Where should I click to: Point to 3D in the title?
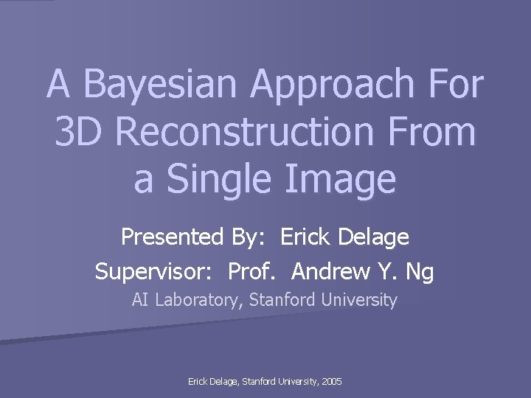(80, 131)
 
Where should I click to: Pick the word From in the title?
(433, 131)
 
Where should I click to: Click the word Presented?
(172, 237)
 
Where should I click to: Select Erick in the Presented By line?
(307, 237)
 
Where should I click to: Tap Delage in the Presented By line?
(375, 237)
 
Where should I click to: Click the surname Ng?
(420, 272)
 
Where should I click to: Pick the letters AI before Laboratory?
(140, 300)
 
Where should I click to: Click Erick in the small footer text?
(199, 382)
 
